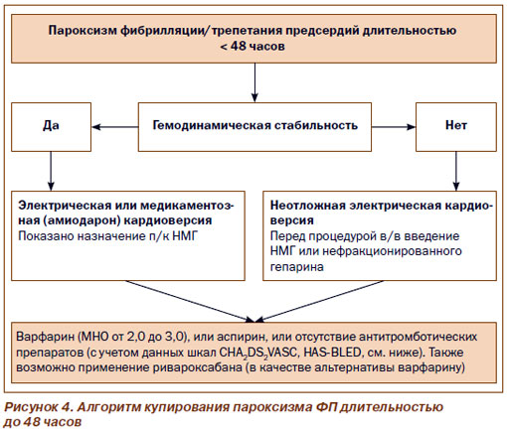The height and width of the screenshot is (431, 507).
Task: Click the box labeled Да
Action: (x=51, y=127)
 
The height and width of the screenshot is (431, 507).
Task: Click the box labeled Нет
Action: (x=456, y=127)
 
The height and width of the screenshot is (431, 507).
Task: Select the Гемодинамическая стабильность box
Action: (x=254, y=127)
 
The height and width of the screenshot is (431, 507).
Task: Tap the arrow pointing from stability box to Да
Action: (x=114, y=127)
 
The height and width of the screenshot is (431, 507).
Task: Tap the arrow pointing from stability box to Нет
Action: (x=394, y=127)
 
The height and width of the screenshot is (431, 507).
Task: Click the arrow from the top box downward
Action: (x=254, y=82)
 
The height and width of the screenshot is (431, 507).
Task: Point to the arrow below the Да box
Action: (x=51, y=171)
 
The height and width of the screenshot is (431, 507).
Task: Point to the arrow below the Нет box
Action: (x=456, y=171)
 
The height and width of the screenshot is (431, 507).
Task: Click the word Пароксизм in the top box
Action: (x=83, y=31)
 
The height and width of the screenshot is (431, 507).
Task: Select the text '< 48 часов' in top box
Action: (x=253, y=46)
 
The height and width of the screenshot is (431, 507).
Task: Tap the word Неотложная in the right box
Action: (x=308, y=206)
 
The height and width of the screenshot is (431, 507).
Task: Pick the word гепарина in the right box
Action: (x=296, y=267)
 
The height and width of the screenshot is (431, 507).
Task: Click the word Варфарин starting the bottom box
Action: (x=45, y=337)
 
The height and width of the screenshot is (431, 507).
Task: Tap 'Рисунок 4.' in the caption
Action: (x=38, y=407)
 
